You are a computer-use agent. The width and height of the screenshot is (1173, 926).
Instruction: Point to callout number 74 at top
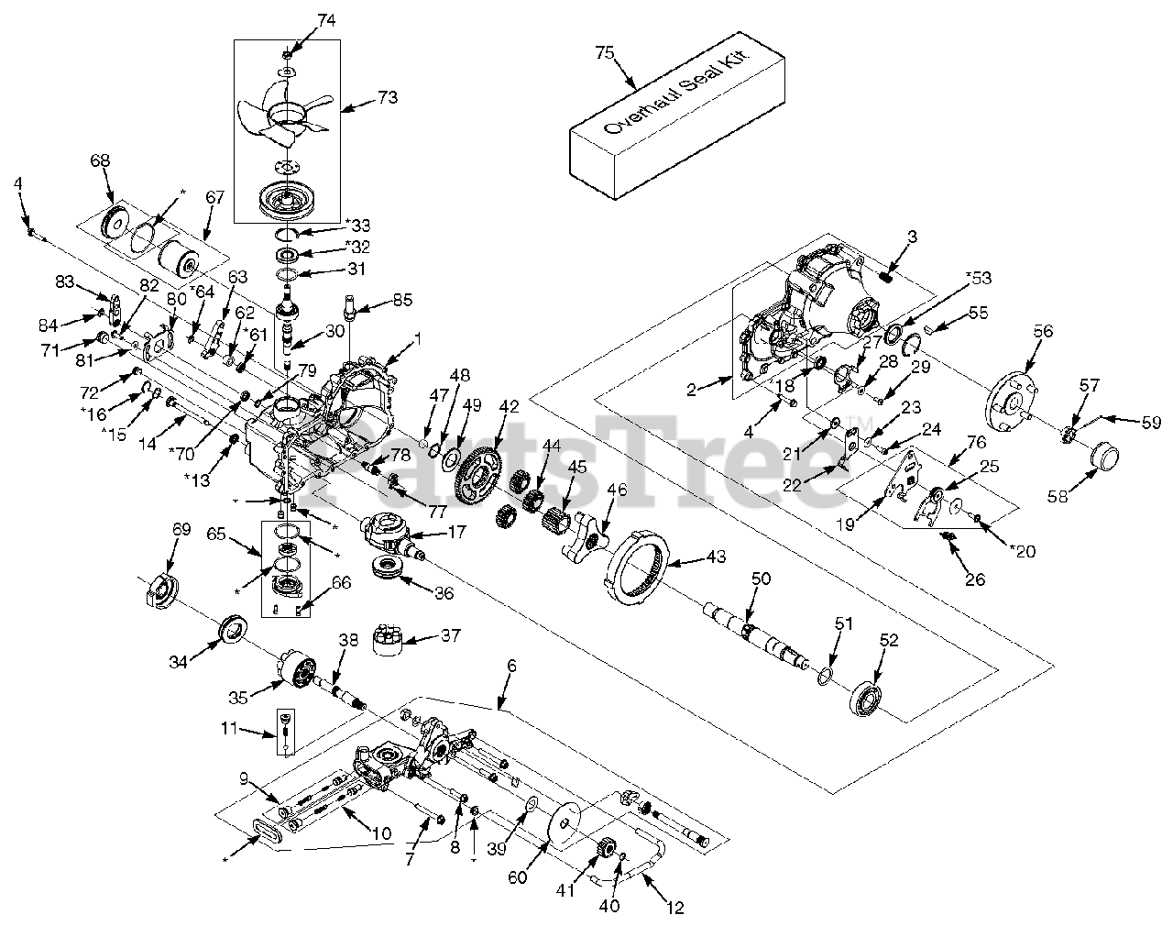pos(301,20)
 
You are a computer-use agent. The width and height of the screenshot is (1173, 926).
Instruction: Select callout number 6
pos(511,667)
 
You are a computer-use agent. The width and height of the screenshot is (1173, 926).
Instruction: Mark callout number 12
pos(676,909)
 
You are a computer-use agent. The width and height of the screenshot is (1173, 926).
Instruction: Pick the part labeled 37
pos(390,639)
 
